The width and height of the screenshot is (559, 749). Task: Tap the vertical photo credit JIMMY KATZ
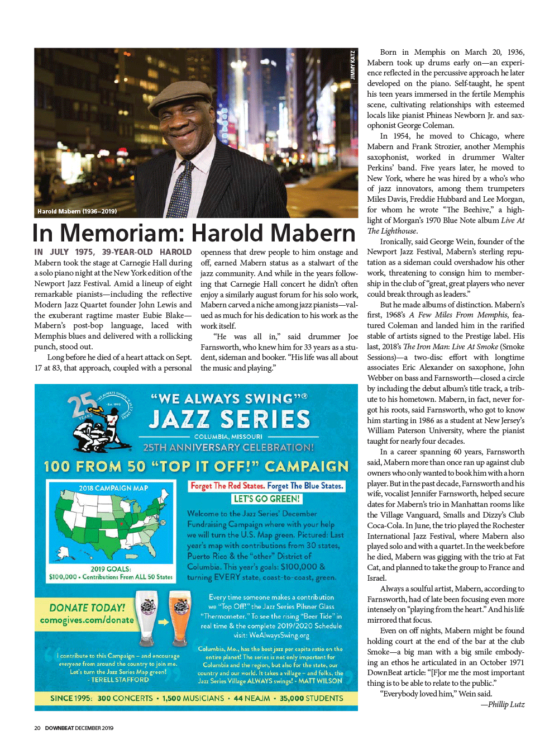(352, 65)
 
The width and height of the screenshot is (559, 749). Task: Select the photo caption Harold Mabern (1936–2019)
(77, 211)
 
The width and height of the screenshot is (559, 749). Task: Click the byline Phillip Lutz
(506, 704)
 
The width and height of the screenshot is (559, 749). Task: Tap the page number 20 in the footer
(37, 728)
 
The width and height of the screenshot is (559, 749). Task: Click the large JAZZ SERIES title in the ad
(229, 419)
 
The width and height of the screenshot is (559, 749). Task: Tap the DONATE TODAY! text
(87, 608)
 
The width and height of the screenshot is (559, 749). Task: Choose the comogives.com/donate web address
(87, 620)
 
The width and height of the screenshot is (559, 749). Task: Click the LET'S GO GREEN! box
(267, 499)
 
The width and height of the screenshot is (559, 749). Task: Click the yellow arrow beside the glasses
(163, 622)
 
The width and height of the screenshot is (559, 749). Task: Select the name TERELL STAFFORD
(120, 680)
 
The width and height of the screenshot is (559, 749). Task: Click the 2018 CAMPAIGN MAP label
(113, 488)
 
